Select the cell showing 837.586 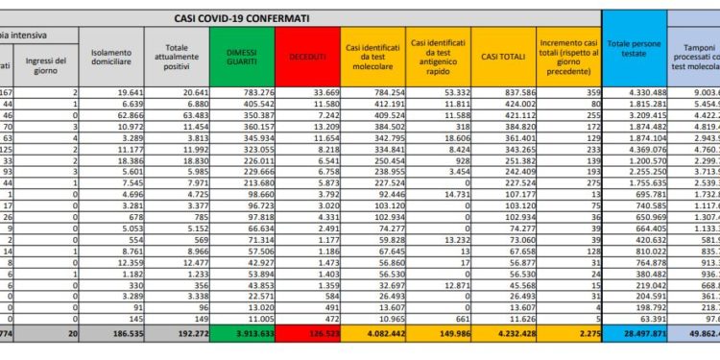(509, 92)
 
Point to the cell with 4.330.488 (635, 92)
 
